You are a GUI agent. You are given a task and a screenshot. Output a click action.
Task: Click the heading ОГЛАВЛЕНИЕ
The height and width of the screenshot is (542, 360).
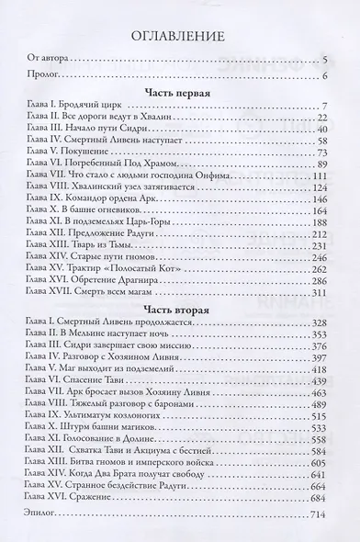pos(179,39)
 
